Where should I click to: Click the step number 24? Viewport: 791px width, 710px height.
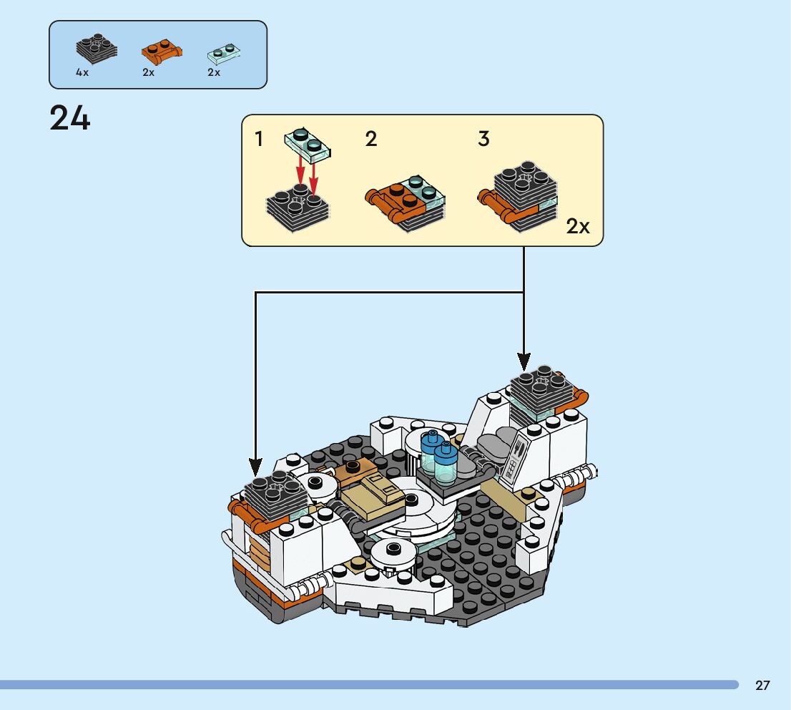click(x=70, y=118)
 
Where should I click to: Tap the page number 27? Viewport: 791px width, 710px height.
click(x=762, y=686)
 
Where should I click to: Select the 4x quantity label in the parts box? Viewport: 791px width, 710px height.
click(x=82, y=72)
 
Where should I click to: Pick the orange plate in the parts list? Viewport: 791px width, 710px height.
click(x=160, y=51)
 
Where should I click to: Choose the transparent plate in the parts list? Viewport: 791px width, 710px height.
click(x=223, y=52)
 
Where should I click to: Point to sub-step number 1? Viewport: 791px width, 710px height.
click(x=259, y=139)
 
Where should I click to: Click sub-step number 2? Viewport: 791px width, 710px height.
click(x=370, y=139)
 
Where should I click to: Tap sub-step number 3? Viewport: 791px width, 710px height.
click(x=483, y=139)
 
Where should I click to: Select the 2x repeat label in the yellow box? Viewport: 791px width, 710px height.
click(x=578, y=227)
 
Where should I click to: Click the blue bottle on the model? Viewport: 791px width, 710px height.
click(x=431, y=448)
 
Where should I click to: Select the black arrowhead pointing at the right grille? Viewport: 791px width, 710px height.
click(x=524, y=361)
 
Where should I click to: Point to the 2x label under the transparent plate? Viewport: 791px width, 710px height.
click(x=214, y=72)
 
